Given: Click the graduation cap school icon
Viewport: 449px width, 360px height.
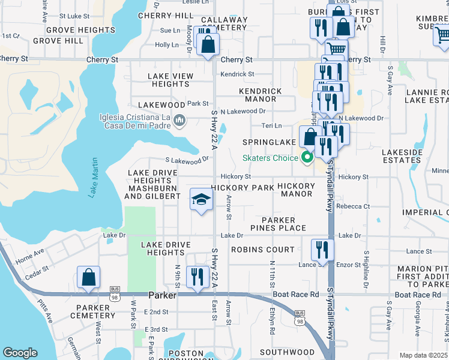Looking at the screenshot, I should [x=202, y=200].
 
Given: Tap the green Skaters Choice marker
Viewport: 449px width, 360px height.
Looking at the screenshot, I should [x=308, y=158].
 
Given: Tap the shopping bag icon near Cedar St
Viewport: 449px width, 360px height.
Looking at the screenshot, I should [x=88, y=277].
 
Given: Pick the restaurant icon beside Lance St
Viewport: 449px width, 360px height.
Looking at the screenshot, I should [x=322, y=251].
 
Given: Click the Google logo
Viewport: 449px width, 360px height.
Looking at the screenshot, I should [x=20, y=353].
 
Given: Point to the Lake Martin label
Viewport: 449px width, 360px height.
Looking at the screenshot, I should [x=93, y=178].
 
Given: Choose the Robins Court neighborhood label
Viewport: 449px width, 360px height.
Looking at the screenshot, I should [x=260, y=249].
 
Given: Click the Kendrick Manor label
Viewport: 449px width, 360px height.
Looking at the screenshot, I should [x=260, y=95].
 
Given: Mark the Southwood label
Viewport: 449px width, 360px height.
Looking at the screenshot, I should [x=287, y=352].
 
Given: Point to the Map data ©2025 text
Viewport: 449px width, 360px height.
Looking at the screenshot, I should [x=423, y=355].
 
